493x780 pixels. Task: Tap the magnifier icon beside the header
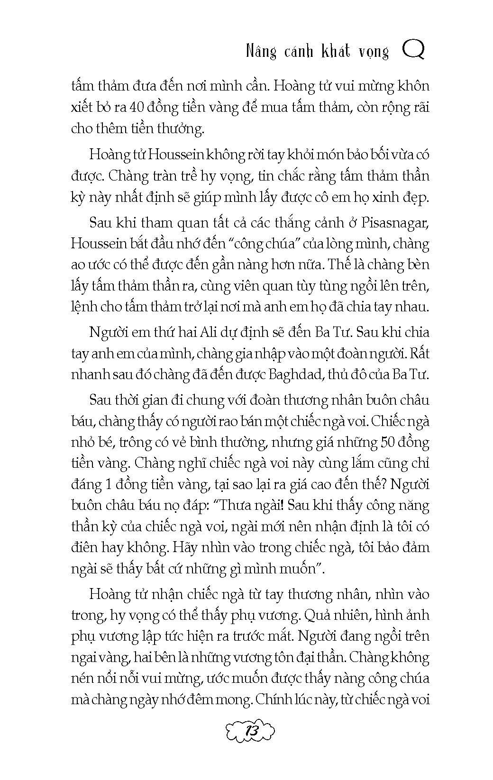click(413, 50)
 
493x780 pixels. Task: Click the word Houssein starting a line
click(99, 244)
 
